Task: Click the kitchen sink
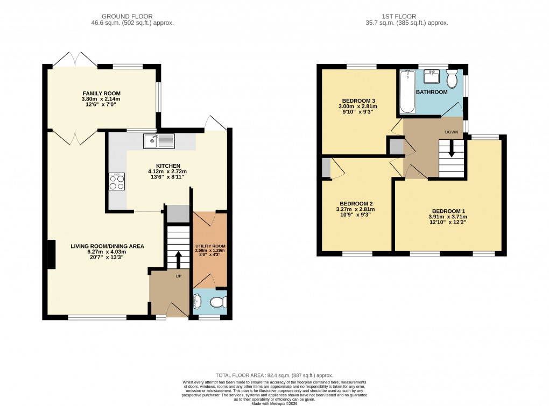coord(159,141)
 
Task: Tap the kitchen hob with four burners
coord(116,182)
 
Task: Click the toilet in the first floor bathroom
coord(452,80)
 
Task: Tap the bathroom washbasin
coord(431,78)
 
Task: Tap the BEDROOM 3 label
coord(359,100)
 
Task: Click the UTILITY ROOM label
coord(210,246)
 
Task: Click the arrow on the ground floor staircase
coord(178,259)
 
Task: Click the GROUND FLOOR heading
coord(132,17)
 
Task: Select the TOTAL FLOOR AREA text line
coord(274,375)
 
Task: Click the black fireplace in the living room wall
coord(51,254)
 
